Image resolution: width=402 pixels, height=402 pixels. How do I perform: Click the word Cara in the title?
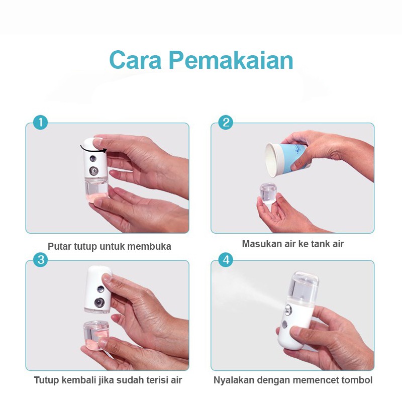click(135, 60)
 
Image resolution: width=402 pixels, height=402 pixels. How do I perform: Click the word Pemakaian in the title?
click(231, 60)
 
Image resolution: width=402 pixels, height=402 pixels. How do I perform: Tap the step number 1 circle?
click(41, 122)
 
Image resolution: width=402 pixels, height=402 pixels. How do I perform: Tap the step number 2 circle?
click(226, 122)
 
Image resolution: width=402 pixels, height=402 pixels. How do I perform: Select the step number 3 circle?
click(41, 260)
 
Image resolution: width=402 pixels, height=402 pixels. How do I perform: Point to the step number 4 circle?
click(226, 260)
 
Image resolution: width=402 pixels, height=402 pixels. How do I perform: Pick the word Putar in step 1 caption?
click(59, 247)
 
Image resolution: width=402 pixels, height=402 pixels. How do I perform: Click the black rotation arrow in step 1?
click(93, 149)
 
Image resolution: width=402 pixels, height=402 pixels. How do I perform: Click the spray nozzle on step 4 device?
click(288, 310)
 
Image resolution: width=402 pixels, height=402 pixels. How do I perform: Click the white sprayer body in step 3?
click(98, 289)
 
